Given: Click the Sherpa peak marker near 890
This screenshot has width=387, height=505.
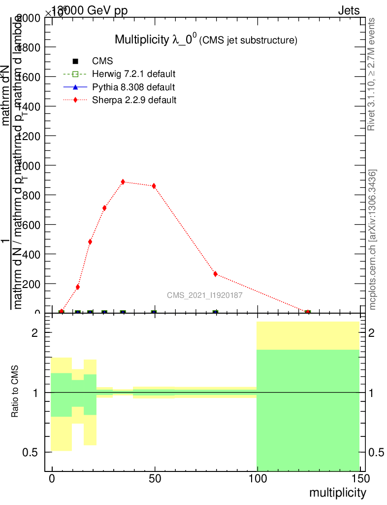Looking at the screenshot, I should (123, 182).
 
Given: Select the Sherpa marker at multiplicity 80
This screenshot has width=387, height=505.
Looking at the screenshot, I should (215, 274).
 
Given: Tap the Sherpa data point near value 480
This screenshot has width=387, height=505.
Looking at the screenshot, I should (90, 242).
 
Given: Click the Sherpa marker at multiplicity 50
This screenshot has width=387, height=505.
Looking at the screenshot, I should (154, 186).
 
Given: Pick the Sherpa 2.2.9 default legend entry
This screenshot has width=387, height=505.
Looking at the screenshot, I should (134, 100).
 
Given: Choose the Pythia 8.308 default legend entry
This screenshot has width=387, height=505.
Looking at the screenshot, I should (133, 87).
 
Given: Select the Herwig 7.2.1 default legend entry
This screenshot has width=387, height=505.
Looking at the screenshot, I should (134, 74).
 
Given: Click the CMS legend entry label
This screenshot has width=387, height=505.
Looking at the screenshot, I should (102, 61).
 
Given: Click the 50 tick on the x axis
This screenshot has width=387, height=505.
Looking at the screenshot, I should (155, 478).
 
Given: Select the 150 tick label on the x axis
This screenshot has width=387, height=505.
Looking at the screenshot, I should (360, 478).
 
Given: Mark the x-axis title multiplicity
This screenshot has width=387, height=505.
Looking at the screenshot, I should (338, 493).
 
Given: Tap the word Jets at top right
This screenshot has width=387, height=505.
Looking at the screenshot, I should (349, 11).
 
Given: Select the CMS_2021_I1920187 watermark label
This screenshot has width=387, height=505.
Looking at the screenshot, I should (204, 295).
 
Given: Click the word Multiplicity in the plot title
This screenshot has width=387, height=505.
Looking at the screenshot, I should (142, 39).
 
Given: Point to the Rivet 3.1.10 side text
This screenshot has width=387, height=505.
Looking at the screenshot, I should (371, 74).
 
